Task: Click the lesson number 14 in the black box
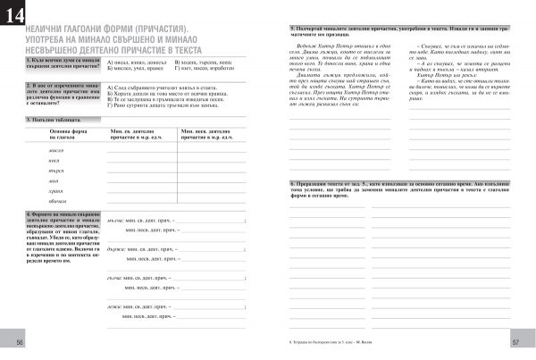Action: pos(15,15)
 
